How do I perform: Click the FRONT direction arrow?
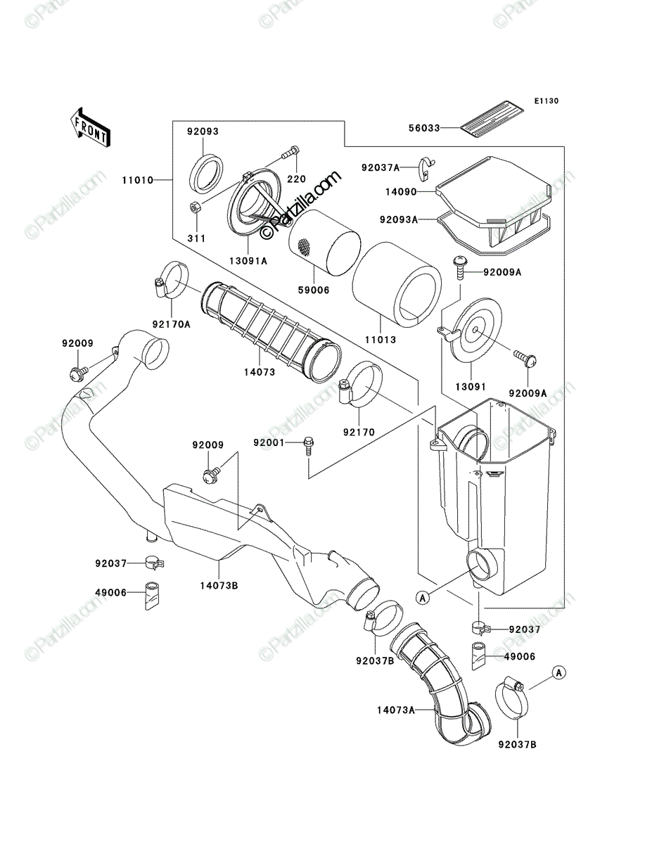[x=90, y=127]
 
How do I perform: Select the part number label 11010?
[x=138, y=180]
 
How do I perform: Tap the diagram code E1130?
[x=546, y=101]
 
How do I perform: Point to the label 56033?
[x=424, y=128]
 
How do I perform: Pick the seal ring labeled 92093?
[x=207, y=174]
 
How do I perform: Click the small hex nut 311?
[x=194, y=207]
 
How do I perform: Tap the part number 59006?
[x=314, y=290]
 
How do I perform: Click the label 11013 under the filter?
[x=380, y=340]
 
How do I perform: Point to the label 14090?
[x=402, y=191]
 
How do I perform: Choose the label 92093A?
[x=399, y=219]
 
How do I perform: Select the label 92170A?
[x=172, y=324]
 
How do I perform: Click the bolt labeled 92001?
[x=308, y=446]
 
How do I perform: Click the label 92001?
[x=269, y=443]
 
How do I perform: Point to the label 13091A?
[x=248, y=261]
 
